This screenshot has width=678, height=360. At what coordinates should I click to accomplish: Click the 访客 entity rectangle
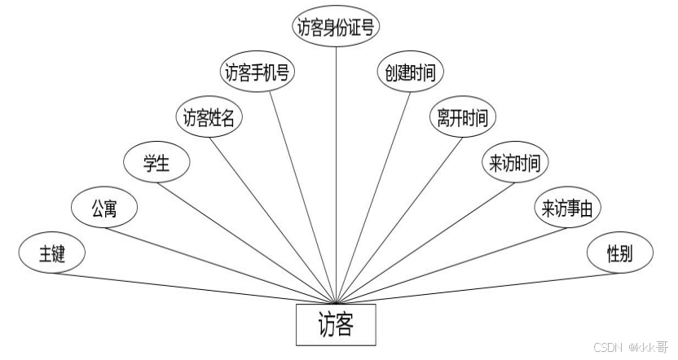pos(336,325)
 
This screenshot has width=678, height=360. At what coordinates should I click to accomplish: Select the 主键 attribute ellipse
pos(51,253)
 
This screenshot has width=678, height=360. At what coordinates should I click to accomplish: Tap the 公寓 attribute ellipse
pos(104,209)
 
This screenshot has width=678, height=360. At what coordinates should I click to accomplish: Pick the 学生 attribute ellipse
pos(156,162)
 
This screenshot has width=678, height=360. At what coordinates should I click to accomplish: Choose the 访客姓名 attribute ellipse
pos(209,118)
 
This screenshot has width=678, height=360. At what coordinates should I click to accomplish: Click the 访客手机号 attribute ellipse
pos(258,72)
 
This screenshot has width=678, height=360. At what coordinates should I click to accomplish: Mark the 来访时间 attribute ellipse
pos(514,162)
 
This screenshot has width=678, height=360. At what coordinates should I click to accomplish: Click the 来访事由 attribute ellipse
pos(567,209)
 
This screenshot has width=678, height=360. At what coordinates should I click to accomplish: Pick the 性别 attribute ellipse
pos(619,253)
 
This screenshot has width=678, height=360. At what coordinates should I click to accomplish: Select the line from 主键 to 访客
pos(196,285)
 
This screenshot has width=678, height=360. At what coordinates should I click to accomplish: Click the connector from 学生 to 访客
pos(244,240)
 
